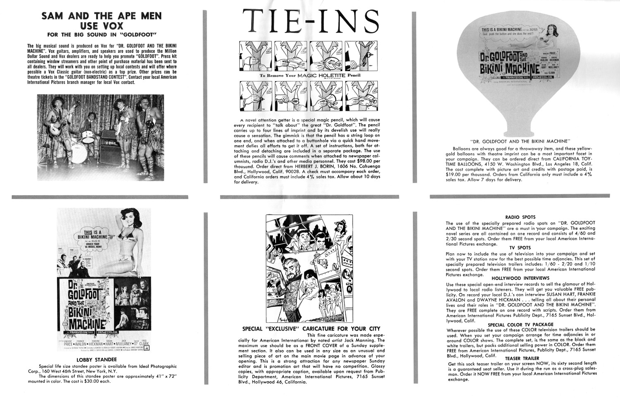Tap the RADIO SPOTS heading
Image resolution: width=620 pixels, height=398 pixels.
tap(520, 217)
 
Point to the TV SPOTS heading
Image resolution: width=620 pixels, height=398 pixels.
tap(520, 248)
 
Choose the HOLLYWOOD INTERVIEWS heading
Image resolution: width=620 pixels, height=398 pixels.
tap(520, 278)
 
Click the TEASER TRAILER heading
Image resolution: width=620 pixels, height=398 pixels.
tap(522, 358)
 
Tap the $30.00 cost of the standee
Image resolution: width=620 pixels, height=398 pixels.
tap(93, 381)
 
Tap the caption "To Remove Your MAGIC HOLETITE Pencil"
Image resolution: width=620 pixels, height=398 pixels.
tap(310, 76)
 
